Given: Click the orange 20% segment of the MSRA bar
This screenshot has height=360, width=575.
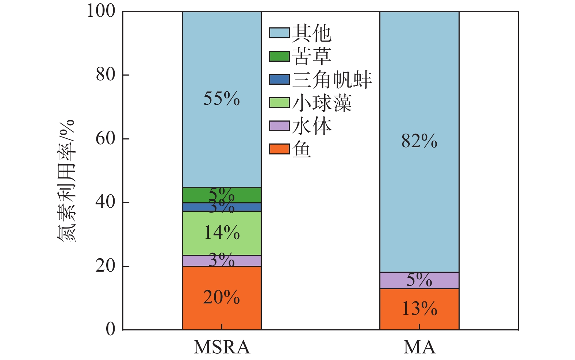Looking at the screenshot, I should (x=222, y=298).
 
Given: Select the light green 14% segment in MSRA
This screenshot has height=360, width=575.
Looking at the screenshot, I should (x=222, y=233).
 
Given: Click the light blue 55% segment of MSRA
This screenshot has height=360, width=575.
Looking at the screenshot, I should (x=222, y=99).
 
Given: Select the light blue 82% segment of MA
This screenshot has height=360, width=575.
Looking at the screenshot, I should (x=419, y=142).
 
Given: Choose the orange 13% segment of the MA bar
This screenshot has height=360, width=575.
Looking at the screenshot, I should (x=419, y=309).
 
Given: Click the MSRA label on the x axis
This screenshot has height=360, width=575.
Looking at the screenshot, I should (x=222, y=347).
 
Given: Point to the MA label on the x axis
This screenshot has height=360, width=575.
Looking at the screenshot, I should (x=419, y=347).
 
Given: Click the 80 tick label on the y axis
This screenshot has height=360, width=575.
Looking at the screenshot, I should (x=106, y=75).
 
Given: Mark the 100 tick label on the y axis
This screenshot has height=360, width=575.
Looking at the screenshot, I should (x=101, y=11).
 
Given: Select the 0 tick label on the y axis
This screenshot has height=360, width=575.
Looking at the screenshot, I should (x=110, y=329).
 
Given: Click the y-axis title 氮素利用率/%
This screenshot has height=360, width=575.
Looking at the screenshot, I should (x=66, y=180).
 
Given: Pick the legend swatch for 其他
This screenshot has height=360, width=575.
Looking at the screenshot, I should (x=279, y=33).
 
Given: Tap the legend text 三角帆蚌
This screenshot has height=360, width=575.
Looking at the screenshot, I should (x=331, y=80).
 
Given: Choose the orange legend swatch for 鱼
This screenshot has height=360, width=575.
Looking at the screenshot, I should (x=279, y=149).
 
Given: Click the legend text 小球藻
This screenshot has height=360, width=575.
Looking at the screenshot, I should (x=322, y=103).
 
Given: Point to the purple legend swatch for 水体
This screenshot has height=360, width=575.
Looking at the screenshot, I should (x=279, y=126).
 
